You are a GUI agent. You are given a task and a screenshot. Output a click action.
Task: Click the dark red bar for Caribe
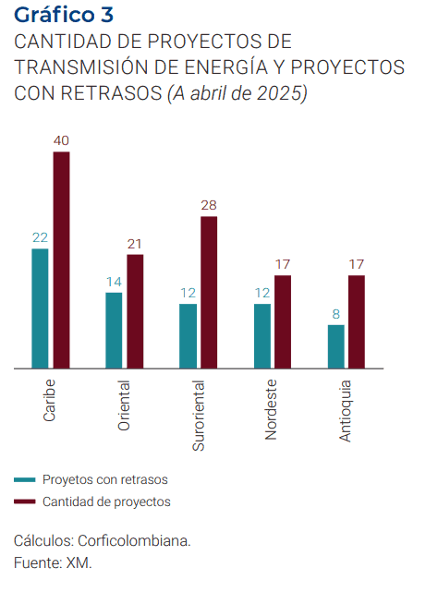[61, 260]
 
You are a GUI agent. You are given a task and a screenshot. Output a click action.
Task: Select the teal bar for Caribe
[40, 308]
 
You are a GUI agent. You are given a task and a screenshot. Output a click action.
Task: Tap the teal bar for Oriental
[114, 331]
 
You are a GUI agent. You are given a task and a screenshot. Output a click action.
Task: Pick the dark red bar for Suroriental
[209, 293]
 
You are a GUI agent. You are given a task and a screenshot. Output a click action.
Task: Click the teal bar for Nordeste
[262, 336]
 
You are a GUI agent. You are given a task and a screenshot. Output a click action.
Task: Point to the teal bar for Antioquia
[335, 346]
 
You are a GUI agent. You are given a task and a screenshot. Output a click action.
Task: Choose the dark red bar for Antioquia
[357, 322]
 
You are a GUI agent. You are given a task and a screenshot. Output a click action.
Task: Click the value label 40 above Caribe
[61, 140]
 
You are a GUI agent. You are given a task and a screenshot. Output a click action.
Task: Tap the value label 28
[209, 204]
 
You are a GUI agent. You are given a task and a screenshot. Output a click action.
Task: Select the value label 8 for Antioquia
[336, 313]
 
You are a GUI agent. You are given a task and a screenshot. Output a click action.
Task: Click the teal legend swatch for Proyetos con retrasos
[25, 479]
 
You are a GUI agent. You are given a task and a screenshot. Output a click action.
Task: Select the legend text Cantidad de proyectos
[106, 501]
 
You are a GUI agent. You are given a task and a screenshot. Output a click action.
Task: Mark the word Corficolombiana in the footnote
[133, 541]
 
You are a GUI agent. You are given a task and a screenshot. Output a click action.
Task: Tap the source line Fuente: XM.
[54, 562]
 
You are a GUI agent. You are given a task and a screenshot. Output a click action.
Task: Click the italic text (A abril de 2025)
[237, 93]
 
